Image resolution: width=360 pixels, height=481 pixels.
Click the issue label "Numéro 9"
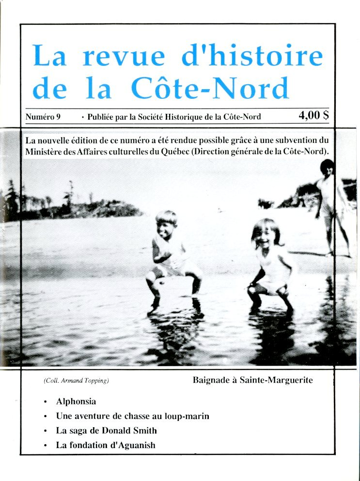click(42, 117)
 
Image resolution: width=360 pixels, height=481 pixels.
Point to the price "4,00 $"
click(314, 116)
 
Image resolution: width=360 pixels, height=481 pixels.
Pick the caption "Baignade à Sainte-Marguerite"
click(252, 380)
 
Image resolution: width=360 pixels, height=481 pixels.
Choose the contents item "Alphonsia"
click(76, 402)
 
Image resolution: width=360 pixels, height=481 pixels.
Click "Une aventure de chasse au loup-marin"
click(132, 416)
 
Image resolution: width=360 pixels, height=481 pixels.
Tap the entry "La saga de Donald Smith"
click(106, 430)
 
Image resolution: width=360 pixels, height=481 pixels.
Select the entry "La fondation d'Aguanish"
click(106, 445)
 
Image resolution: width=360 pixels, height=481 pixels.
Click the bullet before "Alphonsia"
click(45, 402)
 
